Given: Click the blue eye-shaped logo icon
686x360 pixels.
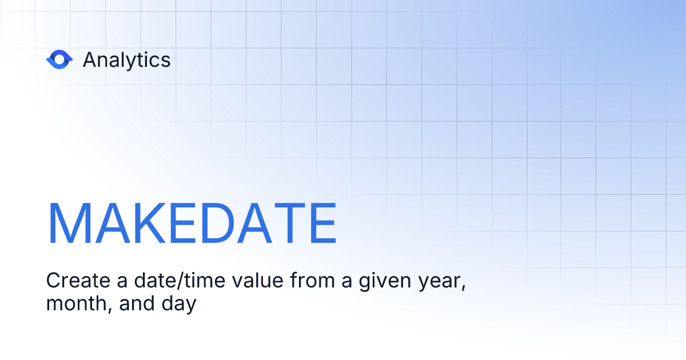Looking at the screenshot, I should (x=59, y=59).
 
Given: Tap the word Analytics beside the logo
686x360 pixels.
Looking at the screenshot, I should (x=126, y=60).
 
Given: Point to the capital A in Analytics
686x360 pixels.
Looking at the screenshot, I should (x=90, y=60).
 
